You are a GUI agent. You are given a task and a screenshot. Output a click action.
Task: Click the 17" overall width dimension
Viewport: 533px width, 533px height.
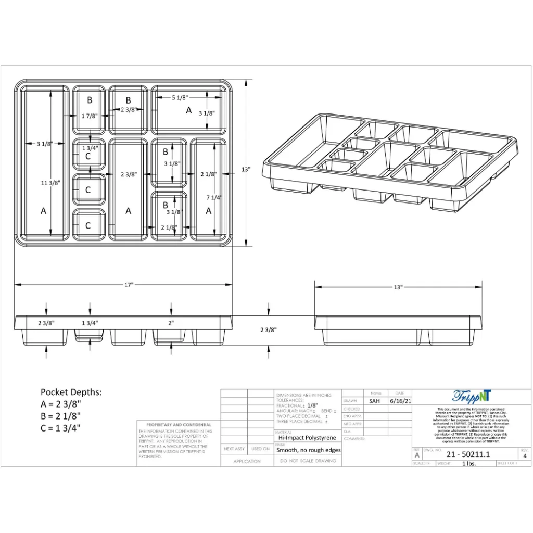pos(129,285)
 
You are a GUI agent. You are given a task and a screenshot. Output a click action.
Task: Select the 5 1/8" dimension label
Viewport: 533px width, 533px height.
pos(180,98)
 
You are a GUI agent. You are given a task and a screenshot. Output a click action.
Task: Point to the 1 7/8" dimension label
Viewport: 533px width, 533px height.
pos(90,116)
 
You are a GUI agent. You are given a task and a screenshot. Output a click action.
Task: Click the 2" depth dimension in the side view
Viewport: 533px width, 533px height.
pos(171,323)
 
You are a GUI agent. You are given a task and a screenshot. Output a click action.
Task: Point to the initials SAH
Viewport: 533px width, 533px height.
pos(374,401)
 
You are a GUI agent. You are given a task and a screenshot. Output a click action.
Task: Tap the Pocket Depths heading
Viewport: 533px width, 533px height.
pos(71,392)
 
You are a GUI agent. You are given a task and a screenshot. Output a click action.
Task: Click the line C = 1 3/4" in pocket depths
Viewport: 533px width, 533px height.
pos(61,428)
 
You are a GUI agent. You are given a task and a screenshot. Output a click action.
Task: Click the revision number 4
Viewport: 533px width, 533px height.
pos(524,455)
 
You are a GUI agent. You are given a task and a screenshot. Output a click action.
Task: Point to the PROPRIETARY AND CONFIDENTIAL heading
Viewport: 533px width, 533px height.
pos(179,425)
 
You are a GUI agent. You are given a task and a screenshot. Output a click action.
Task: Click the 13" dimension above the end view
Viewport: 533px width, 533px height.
pos(398,287)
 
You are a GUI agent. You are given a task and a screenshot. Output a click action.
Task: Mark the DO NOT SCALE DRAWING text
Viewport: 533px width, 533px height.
pos(308,461)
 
